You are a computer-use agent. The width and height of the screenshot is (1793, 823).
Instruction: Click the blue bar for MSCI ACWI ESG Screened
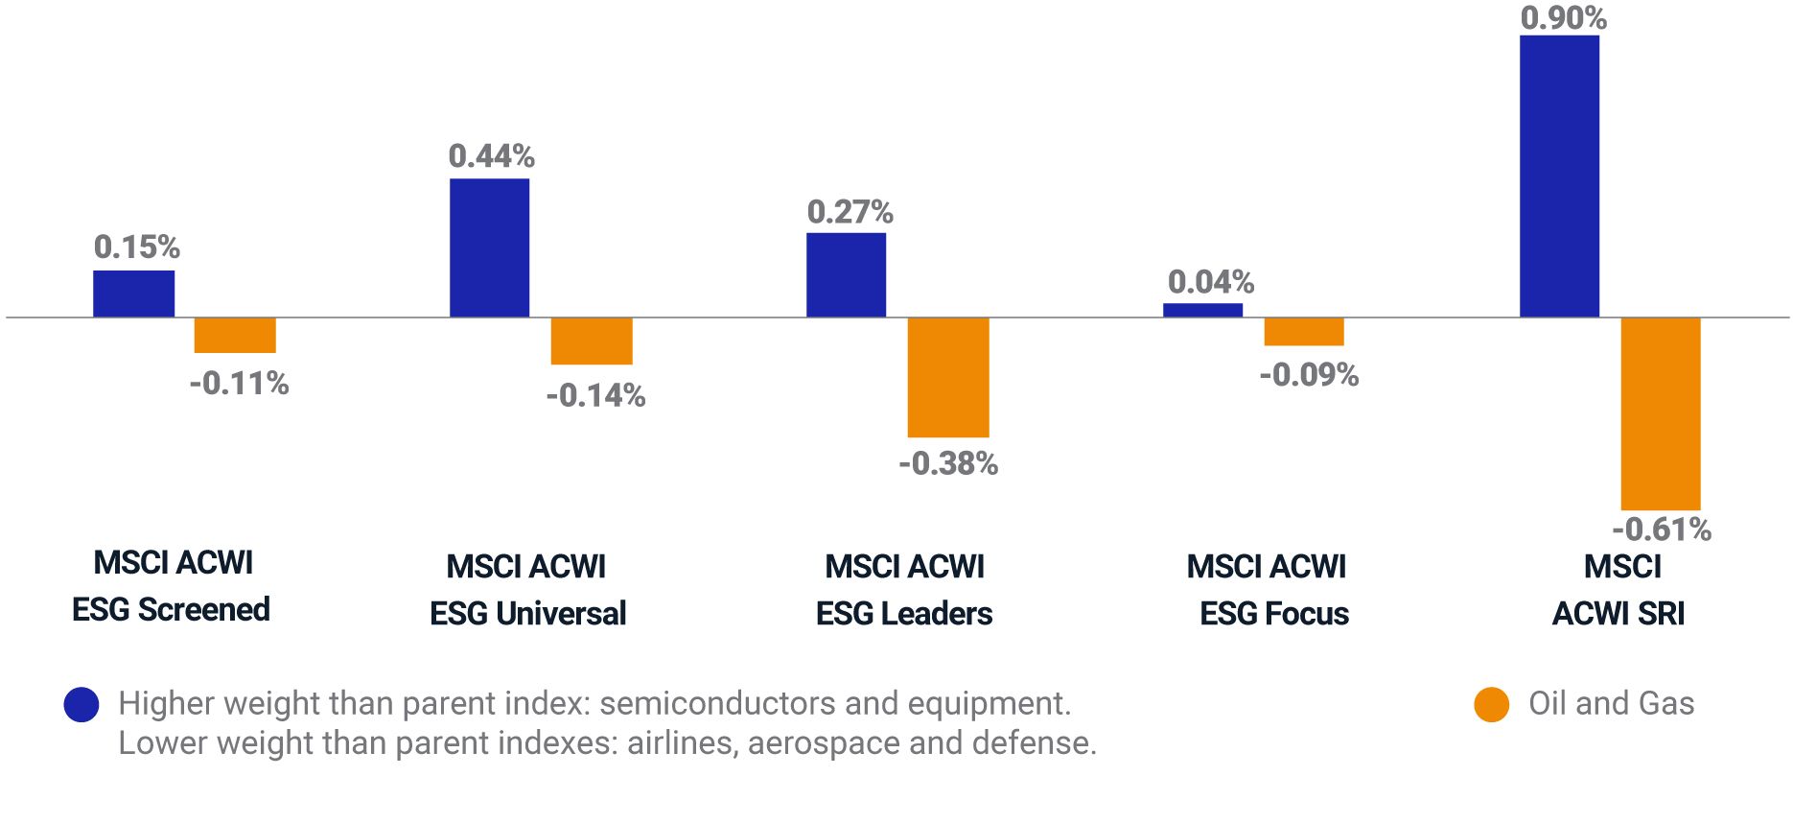tap(133, 294)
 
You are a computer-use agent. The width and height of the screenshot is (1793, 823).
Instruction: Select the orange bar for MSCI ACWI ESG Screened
tap(235, 335)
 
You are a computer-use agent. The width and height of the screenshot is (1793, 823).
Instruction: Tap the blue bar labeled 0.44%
tap(489, 247)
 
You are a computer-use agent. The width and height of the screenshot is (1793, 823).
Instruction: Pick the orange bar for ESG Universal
tap(592, 341)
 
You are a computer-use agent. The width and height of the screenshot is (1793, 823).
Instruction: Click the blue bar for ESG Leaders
tap(846, 275)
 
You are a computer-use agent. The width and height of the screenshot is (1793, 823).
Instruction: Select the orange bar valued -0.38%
tap(948, 377)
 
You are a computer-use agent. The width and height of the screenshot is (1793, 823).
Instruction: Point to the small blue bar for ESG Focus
tap(1202, 310)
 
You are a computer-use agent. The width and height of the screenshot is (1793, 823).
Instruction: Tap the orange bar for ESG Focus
tap(1304, 331)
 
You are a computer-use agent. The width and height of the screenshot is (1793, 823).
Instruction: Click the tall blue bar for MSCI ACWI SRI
tap(1559, 176)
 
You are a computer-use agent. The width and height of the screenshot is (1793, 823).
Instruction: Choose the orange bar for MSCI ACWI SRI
tap(1661, 413)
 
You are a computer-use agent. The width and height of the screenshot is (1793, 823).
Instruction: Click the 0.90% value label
tap(1563, 17)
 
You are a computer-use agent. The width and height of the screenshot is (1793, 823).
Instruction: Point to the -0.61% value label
tap(1662, 529)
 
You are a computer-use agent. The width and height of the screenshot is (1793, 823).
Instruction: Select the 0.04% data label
tap(1210, 282)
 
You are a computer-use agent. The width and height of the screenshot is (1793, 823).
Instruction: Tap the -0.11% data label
tap(239, 384)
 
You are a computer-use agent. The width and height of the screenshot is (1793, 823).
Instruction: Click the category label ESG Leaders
tap(904, 613)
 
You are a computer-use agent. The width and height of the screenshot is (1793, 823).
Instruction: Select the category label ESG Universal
tap(527, 613)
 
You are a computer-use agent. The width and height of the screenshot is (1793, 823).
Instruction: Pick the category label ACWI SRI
tap(1618, 613)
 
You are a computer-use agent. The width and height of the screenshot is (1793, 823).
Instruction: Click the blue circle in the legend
tap(81, 704)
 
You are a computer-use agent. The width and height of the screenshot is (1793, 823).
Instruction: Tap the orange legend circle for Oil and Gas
tap(1491, 704)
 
